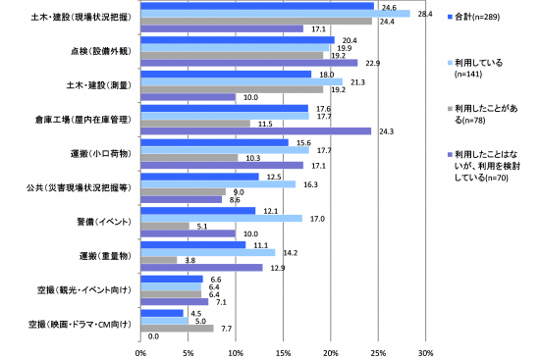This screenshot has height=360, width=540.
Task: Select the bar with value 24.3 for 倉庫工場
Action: click(256, 130)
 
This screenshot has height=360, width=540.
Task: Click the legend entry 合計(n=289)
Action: click(480, 19)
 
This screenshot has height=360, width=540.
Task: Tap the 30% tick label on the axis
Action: click(426, 351)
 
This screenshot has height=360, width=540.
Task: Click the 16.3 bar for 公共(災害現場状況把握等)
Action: click(218, 183)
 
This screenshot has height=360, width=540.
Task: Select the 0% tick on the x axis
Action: click(140, 351)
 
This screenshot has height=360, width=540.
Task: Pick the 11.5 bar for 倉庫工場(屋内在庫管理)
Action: click(195, 123)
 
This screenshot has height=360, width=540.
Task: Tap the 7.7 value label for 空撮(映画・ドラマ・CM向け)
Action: click(225, 329)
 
